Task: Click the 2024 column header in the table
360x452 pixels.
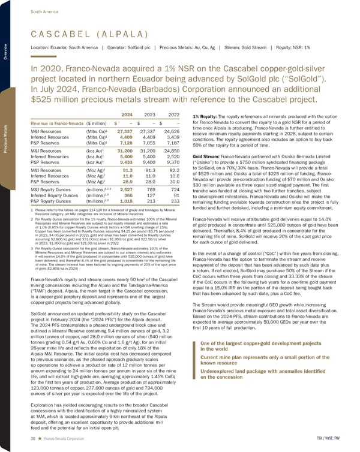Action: [127, 114]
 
